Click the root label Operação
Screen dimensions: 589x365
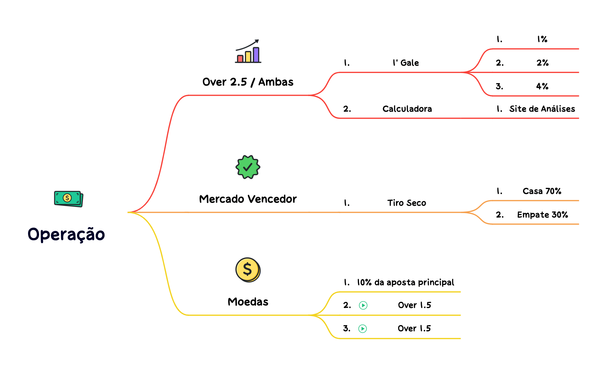point(66,234)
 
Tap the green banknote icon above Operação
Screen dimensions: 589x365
point(69,199)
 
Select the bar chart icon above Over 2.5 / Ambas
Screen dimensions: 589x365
point(248,51)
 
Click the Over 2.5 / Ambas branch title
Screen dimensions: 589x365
point(248,82)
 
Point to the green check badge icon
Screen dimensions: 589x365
point(248,167)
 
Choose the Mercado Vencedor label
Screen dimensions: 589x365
point(248,199)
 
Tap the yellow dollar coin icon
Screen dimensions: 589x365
point(248,270)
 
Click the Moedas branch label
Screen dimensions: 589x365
point(248,302)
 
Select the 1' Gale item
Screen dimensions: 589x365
point(406,63)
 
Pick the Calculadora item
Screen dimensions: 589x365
point(407,109)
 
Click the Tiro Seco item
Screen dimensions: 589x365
point(407,203)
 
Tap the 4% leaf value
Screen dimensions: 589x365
point(542,86)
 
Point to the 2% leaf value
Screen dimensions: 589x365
point(543,63)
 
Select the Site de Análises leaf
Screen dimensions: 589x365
point(542,109)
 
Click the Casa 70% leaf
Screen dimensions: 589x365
point(542,191)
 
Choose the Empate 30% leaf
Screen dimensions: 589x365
point(543,215)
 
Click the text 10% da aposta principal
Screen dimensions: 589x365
point(406,282)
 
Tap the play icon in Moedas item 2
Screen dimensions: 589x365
point(363,305)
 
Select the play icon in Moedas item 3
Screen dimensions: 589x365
point(363,328)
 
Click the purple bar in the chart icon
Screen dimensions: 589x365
point(256,54)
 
